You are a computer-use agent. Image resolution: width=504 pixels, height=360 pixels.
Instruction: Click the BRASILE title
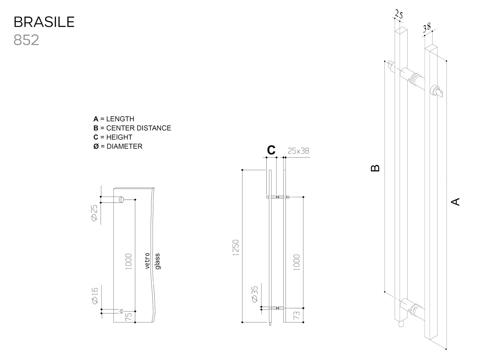click(44, 22)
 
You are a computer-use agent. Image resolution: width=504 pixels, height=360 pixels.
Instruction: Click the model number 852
click(26, 40)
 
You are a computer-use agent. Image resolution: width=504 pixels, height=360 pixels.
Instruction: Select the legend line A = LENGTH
click(114, 119)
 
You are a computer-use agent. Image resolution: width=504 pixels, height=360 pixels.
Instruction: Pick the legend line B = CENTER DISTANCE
click(132, 128)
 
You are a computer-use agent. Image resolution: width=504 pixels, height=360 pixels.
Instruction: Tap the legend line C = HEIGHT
click(113, 137)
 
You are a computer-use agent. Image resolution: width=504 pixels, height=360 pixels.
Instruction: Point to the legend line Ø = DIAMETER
click(118, 146)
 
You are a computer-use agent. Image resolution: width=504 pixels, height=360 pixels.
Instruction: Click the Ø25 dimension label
click(94, 213)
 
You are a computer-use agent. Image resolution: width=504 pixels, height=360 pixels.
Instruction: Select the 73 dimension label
click(296, 315)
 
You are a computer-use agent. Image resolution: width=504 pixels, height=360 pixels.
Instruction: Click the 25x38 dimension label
click(298, 151)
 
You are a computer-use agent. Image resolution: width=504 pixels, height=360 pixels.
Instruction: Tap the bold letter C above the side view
click(271, 150)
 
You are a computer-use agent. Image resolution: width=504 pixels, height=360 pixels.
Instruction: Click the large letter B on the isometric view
click(375, 168)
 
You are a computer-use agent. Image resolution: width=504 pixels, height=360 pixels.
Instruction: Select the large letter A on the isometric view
click(455, 202)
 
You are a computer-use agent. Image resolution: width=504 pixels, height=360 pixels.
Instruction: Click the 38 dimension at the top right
click(427, 28)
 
